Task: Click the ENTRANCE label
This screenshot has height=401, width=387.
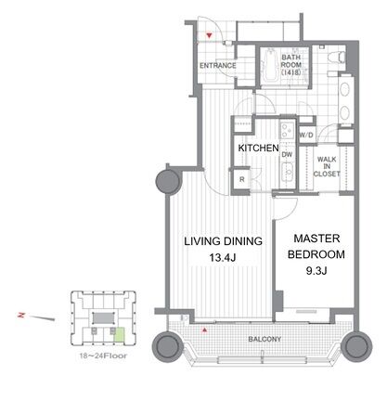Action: pyautogui.click(x=218, y=66)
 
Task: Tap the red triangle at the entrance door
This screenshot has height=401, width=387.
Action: pyautogui.click(x=210, y=35)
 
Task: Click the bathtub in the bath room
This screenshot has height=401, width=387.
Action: pyautogui.click(x=269, y=65)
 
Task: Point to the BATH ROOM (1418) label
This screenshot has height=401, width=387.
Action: pyautogui.click(x=291, y=65)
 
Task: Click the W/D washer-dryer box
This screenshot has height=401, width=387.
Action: pyautogui.click(x=306, y=135)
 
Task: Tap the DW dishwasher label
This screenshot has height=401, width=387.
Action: pyautogui.click(x=287, y=154)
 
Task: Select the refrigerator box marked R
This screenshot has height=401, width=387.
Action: pyautogui.click(x=241, y=179)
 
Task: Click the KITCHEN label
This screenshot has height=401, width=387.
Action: pyautogui.click(x=258, y=148)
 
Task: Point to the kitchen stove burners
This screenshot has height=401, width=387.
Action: pyautogui.click(x=287, y=130)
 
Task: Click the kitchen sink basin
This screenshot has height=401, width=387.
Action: pyautogui.click(x=288, y=173)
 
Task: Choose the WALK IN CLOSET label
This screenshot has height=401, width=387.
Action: pyautogui.click(x=327, y=166)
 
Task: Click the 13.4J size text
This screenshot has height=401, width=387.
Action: pyautogui.click(x=223, y=257)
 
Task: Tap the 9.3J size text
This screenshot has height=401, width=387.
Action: pyautogui.click(x=316, y=271)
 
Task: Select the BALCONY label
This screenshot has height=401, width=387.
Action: pyautogui.click(x=264, y=339)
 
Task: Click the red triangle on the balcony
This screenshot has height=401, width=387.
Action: pyautogui.click(x=204, y=330)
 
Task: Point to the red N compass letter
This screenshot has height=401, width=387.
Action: pyautogui.click(x=21, y=315)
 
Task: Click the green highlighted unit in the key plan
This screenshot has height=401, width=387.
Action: pyautogui.click(x=120, y=335)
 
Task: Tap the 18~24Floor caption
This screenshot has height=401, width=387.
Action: pyautogui.click(x=103, y=356)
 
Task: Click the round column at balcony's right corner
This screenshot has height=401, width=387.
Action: pyautogui.click(x=355, y=346)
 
